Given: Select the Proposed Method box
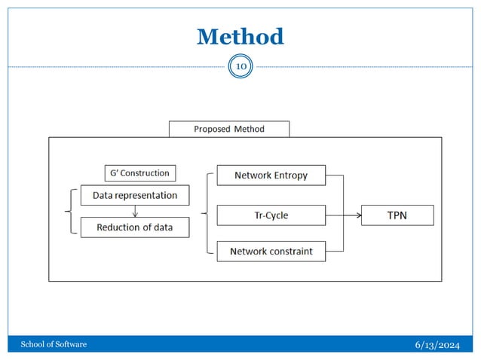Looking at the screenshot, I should [229, 129].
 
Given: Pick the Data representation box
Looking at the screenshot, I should [135, 195].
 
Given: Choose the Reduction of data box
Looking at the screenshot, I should [135, 227].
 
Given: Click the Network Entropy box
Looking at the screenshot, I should [271, 175].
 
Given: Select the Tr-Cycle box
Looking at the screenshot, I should [271, 215].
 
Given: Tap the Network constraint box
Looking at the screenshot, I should [271, 251].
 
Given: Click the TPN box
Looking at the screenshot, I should [398, 215].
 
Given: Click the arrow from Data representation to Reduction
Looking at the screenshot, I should [135, 211].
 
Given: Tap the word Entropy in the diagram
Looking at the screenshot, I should [290, 175].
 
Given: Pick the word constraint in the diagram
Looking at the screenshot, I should [290, 251].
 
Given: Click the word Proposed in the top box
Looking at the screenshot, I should [212, 129].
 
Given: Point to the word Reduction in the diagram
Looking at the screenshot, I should [120, 227].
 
